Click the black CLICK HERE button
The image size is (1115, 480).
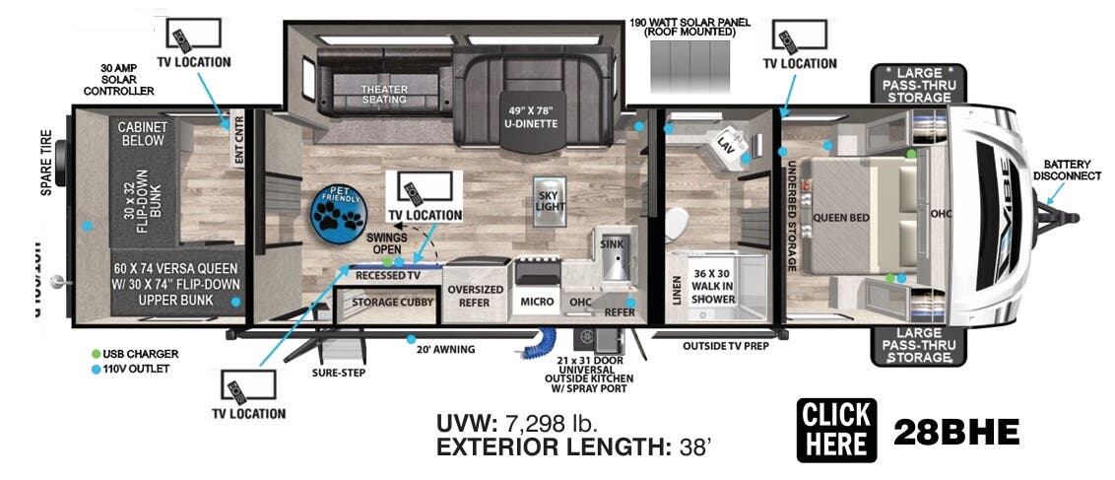pyautogui.click(x=836, y=430)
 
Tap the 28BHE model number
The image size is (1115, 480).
pyautogui.click(x=955, y=432)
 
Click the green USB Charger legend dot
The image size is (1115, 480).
pyautogui.click(x=96, y=353)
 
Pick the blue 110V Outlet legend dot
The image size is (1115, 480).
pyautogui.click(x=96, y=370)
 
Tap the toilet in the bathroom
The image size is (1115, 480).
pyautogui.click(x=677, y=226)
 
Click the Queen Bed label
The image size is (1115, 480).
pyautogui.click(x=840, y=218)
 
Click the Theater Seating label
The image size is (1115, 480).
pyautogui.click(x=384, y=94)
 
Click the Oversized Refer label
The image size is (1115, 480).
pyautogui.click(x=475, y=296)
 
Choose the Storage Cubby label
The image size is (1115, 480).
pyautogui.click(x=388, y=302)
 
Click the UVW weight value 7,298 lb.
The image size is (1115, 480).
pyautogui.click(x=552, y=424)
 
